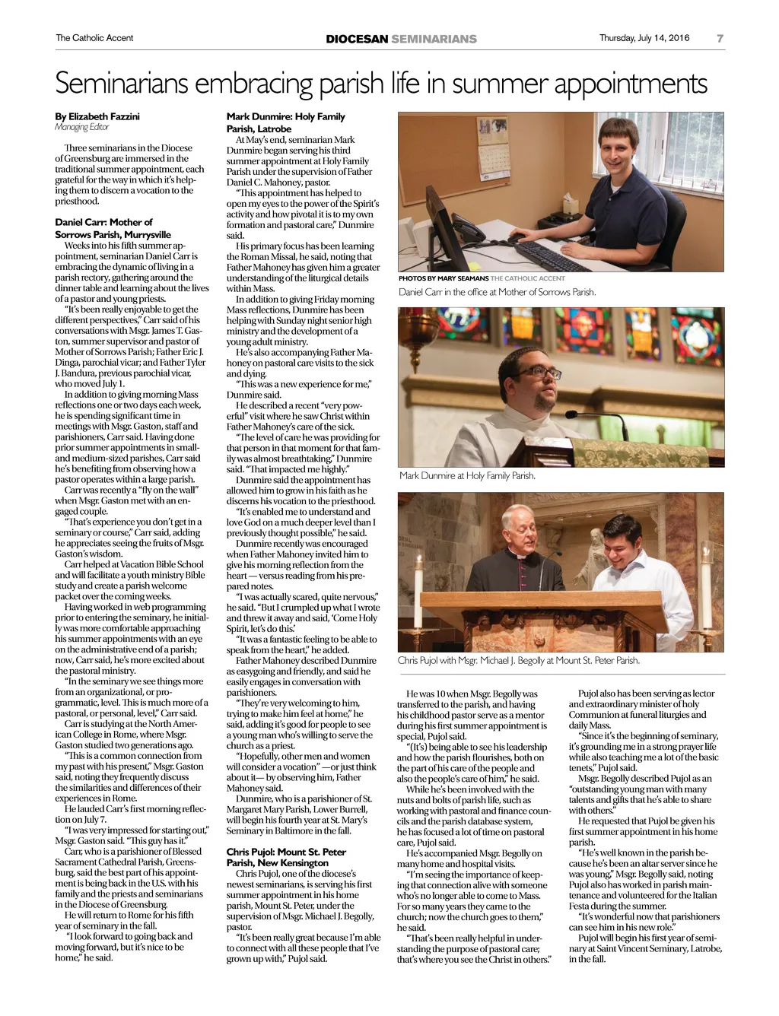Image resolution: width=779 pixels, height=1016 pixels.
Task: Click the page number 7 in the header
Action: (x=720, y=38)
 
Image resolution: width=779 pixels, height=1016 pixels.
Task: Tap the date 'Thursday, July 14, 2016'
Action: (x=644, y=38)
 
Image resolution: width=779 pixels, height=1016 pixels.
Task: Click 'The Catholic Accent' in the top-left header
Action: (x=94, y=38)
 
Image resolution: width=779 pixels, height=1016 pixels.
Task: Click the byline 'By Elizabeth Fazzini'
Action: (x=97, y=116)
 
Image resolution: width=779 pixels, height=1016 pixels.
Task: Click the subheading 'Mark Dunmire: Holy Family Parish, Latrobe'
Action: (x=285, y=122)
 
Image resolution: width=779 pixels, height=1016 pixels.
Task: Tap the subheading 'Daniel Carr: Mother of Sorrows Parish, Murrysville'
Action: (x=113, y=228)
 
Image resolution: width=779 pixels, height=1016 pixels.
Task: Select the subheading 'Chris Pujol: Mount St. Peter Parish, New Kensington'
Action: (x=286, y=857)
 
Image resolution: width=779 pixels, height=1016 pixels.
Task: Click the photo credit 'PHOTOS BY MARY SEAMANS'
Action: (x=444, y=278)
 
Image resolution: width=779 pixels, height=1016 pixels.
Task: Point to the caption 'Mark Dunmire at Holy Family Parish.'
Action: (x=467, y=476)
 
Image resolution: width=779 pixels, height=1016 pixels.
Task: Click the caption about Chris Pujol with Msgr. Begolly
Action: (x=518, y=660)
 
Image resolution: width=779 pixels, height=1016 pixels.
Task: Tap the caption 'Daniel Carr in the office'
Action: (x=497, y=292)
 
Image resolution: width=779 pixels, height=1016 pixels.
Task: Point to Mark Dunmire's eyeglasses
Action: (x=544, y=373)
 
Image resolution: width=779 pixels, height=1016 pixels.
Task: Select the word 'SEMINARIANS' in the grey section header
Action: (x=434, y=39)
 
